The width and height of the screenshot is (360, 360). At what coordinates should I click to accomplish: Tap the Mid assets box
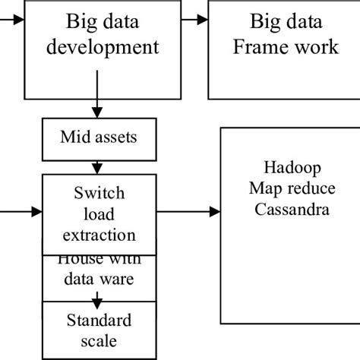99,137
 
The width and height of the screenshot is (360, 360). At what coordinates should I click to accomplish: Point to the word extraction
99,235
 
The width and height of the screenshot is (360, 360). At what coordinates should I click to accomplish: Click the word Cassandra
292,208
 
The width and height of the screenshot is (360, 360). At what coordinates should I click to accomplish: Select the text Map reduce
292,188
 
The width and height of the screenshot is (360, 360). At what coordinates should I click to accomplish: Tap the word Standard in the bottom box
99,319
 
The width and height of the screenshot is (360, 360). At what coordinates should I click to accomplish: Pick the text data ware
99,279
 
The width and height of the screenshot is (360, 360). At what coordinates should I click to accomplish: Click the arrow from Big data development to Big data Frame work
194,17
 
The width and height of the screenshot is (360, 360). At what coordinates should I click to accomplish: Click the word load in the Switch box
99,214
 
